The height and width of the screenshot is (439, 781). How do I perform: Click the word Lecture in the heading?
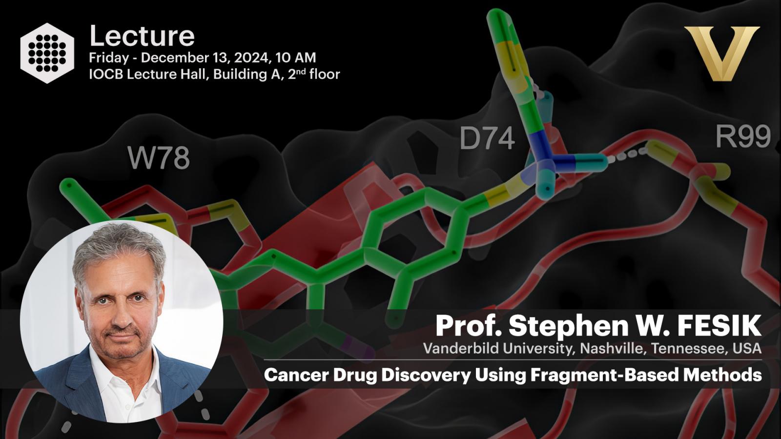coord(142,36)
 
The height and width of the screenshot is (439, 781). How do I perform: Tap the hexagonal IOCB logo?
coord(47,53)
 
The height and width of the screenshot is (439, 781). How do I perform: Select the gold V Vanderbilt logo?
coord(722,53)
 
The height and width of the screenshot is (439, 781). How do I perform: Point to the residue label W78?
coord(159,158)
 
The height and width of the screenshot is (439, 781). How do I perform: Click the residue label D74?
coord(487,138)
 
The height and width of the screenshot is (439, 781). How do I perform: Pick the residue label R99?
coord(743,136)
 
